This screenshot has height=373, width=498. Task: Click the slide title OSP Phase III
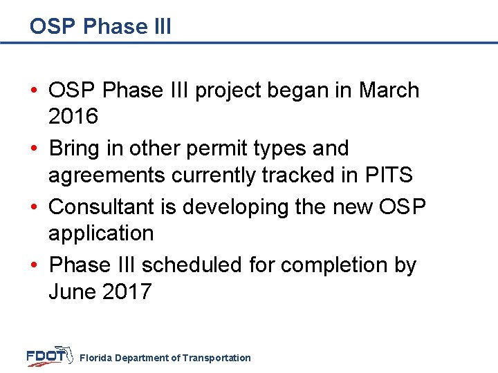coord(100,26)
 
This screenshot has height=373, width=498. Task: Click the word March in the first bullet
coord(389,90)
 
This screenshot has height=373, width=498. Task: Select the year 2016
coord(73,117)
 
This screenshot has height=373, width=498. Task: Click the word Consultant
coord(101,207)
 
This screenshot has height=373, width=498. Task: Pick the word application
coord(101,233)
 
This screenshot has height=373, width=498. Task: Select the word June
coord(72,291)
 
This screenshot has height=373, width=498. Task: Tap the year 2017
coord(127,291)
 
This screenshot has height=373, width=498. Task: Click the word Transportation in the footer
coord(216,358)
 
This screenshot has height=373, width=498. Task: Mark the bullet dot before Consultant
coord(35,207)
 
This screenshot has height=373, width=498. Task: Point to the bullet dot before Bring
coord(35,149)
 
